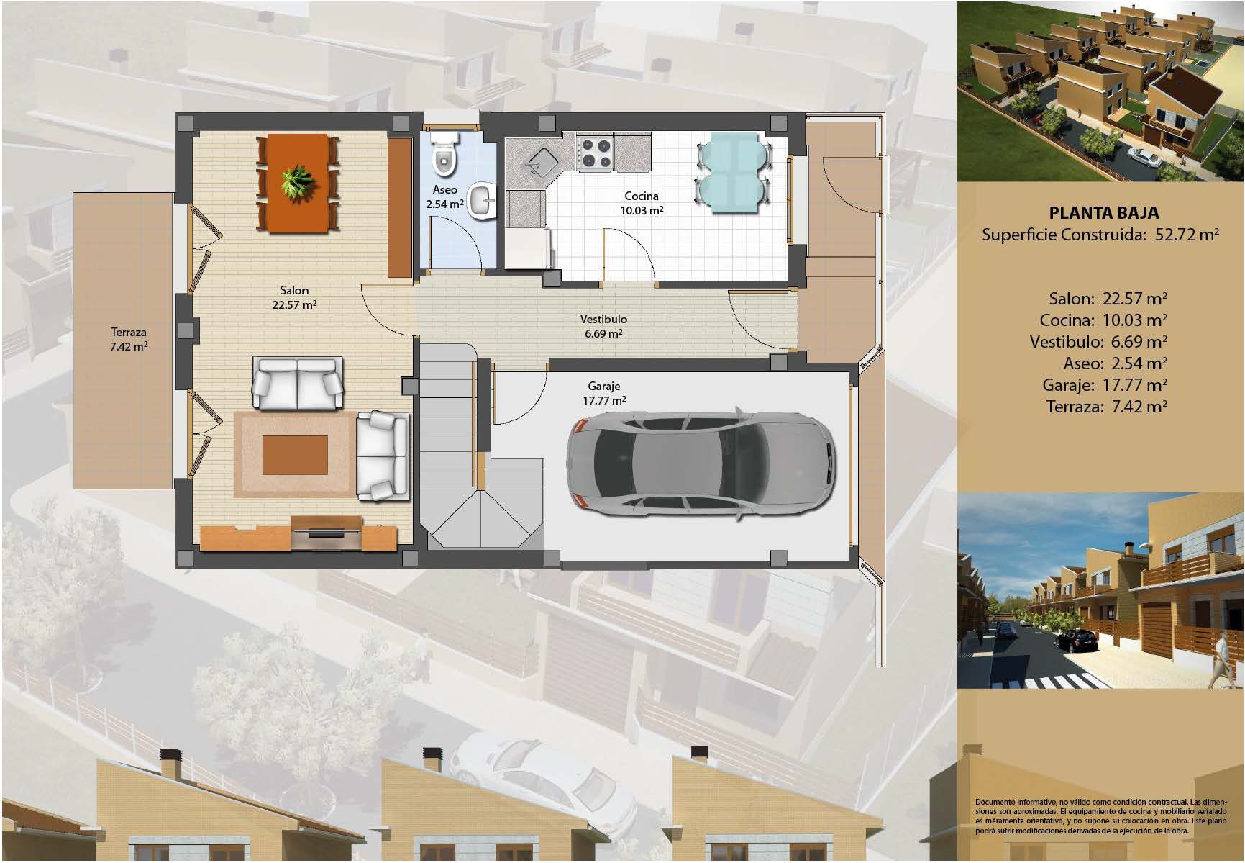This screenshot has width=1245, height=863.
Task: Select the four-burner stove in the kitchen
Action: click(596, 152)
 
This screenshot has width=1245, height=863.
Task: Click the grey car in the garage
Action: click(701, 464)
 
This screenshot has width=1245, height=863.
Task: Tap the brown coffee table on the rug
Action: click(295, 455)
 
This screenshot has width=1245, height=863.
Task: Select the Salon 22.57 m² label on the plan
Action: click(294, 297)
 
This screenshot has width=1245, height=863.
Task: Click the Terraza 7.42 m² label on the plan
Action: click(129, 339)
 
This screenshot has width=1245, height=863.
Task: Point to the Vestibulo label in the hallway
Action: click(603, 319)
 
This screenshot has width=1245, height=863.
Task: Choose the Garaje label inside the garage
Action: click(603, 387)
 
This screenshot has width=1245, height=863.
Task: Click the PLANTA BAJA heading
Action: click(1103, 213)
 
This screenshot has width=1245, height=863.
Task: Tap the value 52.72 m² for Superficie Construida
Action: click(1187, 235)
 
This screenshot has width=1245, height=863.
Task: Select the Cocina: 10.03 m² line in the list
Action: click(1103, 320)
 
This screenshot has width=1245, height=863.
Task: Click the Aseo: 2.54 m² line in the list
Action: click(1115, 363)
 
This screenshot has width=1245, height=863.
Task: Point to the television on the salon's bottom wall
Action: click(327, 533)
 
